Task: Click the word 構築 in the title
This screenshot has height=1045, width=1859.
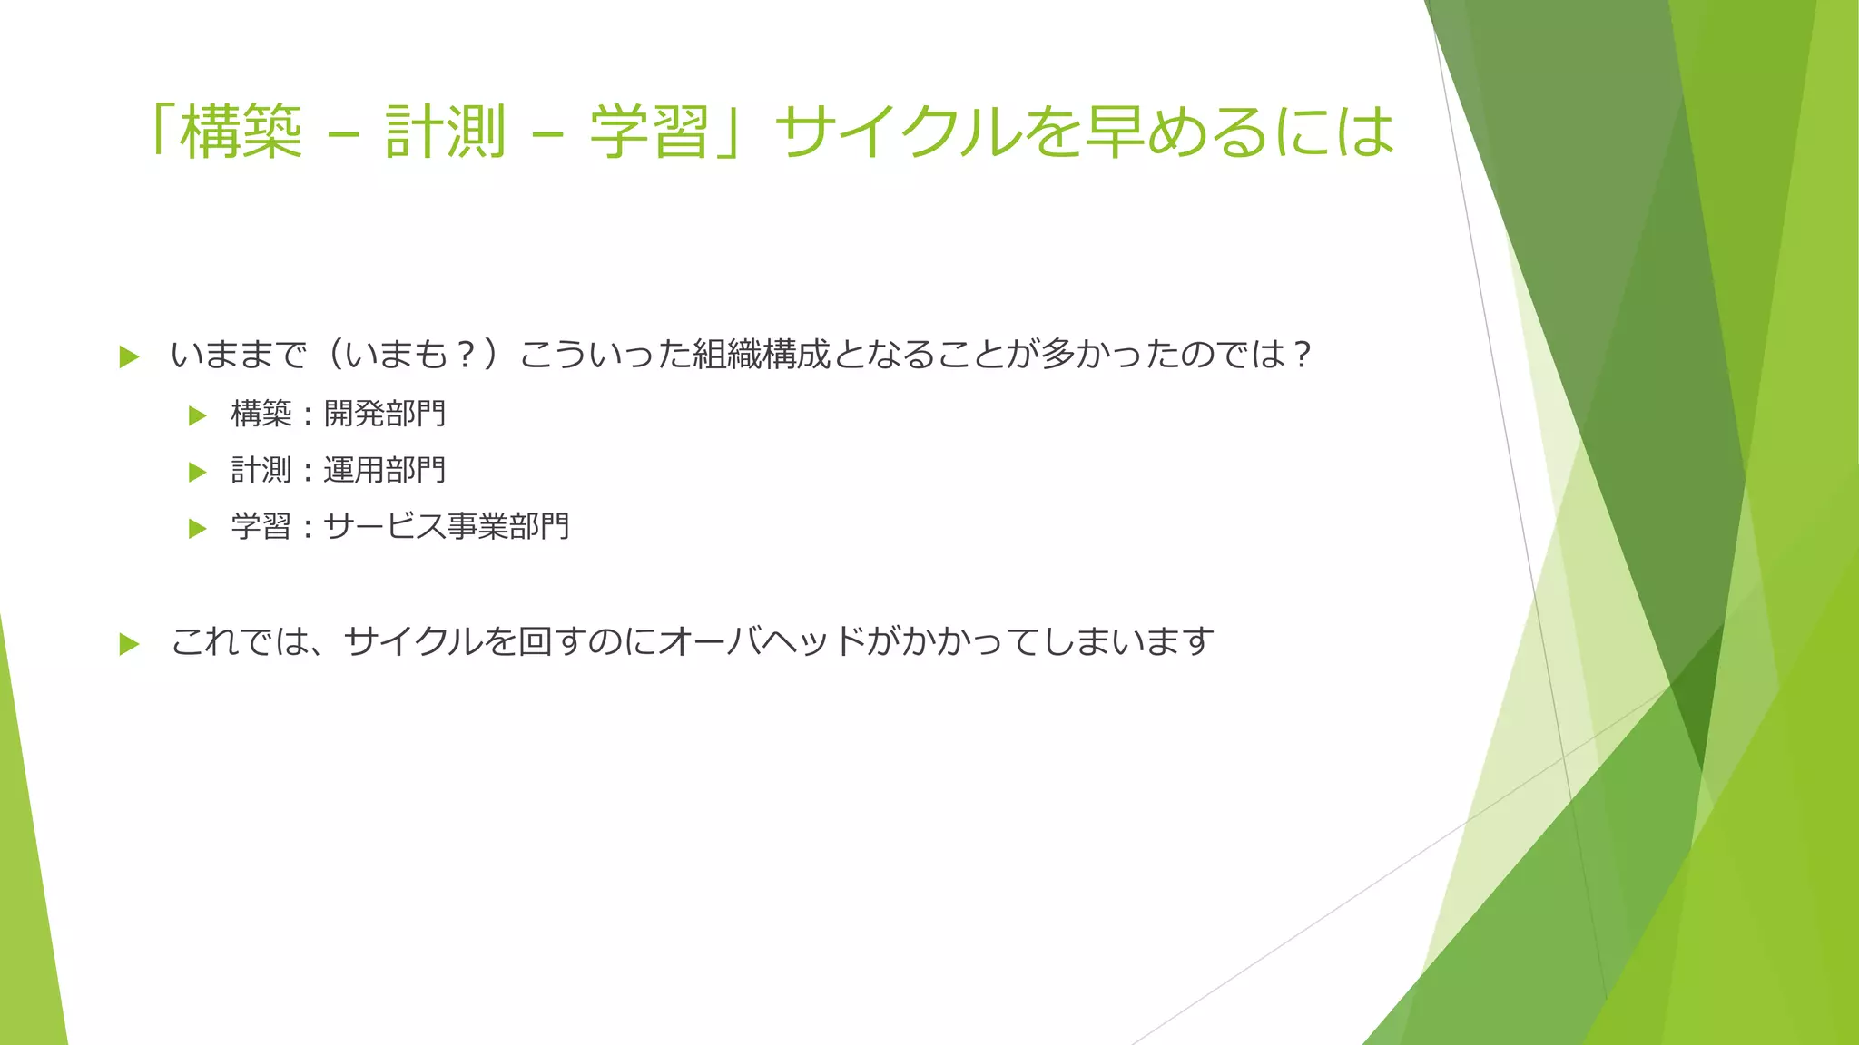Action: pyautogui.click(x=241, y=132)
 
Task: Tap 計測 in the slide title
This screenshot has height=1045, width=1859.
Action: pyautogui.click(x=445, y=132)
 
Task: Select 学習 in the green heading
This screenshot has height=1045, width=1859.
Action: pyautogui.click(x=650, y=132)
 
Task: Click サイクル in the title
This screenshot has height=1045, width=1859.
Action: pyautogui.click(x=899, y=132)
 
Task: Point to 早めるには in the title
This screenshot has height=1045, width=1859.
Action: pyautogui.click(x=1239, y=132)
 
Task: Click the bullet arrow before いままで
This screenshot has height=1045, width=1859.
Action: pyautogui.click(x=129, y=356)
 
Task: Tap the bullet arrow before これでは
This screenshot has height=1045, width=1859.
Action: pyautogui.click(x=129, y=644)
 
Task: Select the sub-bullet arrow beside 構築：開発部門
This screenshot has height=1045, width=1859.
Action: pyautogui.click(x=198, y=415)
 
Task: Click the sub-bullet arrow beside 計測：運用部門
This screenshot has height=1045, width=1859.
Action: pyautogui.click(x=198, y=472)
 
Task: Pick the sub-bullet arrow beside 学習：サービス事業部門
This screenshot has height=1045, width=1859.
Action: pyautogui.click(x=198, y=528)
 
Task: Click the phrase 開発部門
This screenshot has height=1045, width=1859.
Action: pyautogui.click(x=385, y=415)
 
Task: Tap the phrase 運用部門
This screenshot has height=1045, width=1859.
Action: pyautogui.click(x=385, y=471)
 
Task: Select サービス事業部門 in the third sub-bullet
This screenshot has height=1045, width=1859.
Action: pyautogui.click(x=447, y=527)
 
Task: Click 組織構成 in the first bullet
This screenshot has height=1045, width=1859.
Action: pyautogui.click(x=762, y=355)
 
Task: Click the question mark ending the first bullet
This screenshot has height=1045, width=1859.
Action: pyautogui.click(x=1303, y=355)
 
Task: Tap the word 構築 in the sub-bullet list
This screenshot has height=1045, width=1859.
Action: pyautogui.click(x=261, y=415)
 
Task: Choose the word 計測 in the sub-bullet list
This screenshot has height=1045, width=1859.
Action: pyautogui.click(x=261, y=471)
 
